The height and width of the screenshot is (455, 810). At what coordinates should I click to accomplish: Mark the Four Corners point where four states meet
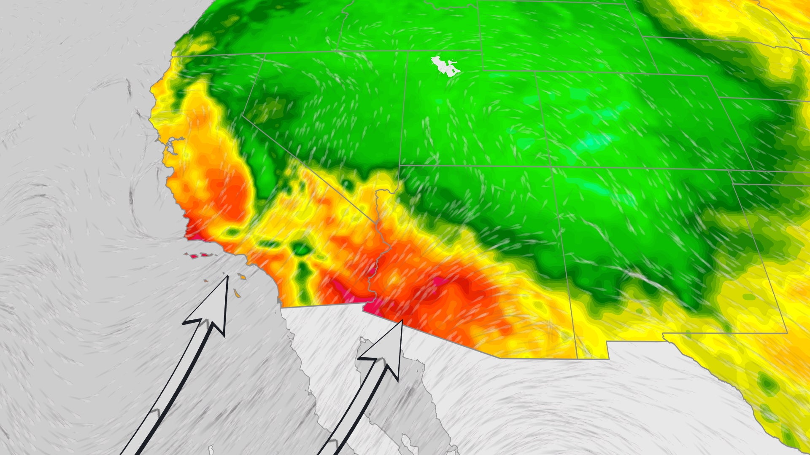(x=552, y=167)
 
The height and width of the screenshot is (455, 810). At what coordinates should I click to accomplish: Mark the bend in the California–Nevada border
(x=243, y=114)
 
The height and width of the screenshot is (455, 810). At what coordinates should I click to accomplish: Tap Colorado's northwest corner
(x=536, y=72)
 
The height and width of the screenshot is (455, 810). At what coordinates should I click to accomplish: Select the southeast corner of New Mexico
(x=787, y=333)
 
